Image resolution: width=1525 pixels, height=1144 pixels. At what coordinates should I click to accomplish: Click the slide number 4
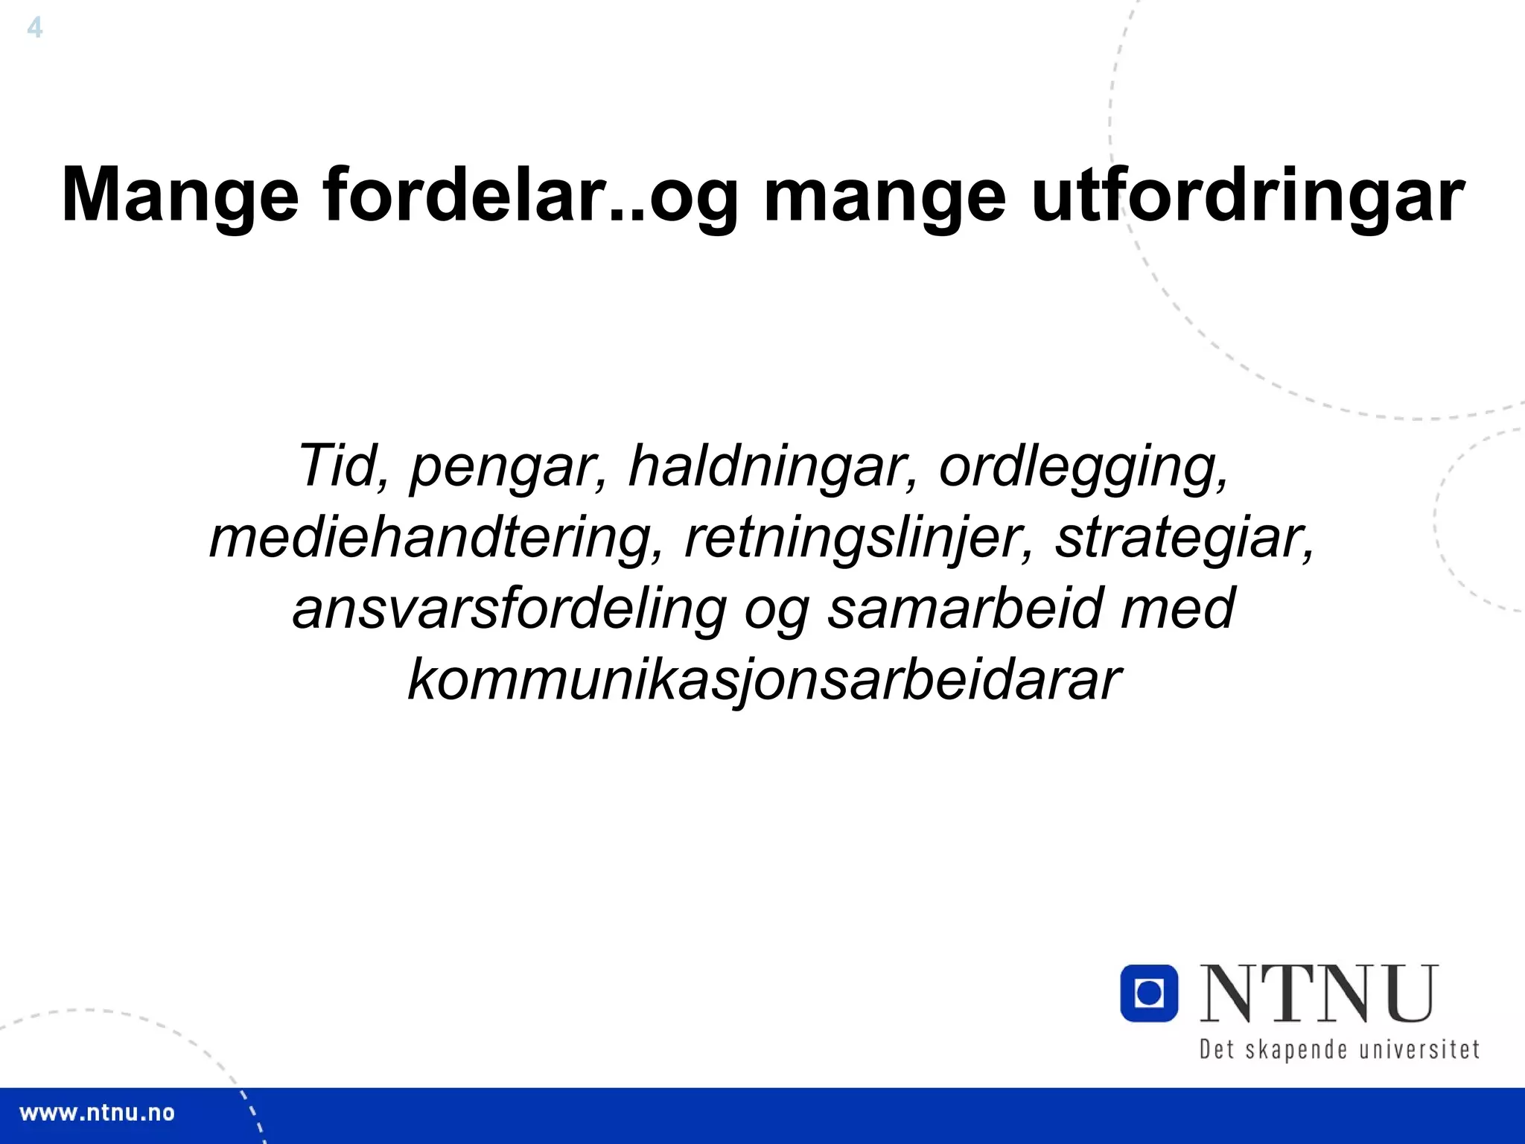(x=34, y=28)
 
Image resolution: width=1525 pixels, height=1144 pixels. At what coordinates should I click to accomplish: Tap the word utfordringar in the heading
(x=1248, y=195)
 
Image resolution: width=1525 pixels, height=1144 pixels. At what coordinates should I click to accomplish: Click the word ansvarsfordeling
(x=509, y=609)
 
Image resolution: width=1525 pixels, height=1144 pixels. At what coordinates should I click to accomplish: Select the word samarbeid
(x=965, y=608)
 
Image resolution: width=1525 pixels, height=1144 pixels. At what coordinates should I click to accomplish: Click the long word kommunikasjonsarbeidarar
(x=764, y=679)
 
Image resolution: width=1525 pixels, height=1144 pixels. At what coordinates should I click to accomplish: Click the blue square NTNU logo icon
(x=1149, y=993)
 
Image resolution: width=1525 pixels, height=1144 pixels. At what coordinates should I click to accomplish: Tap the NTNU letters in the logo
(x=1319, y=994)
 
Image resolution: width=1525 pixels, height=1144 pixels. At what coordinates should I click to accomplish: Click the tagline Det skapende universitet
(x=1339, y=1049)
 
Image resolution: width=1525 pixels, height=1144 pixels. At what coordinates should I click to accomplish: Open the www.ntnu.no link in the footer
(x=97, y=1113)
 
